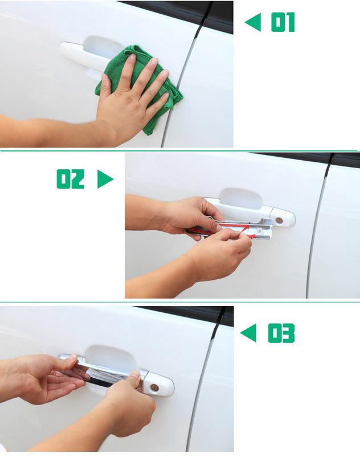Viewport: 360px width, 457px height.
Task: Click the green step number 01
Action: tap(283, 22)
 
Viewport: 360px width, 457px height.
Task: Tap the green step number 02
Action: tap(71, 179)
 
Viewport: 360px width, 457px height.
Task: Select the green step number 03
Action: tap(281, 333)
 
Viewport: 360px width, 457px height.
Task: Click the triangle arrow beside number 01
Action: tap(253, 22)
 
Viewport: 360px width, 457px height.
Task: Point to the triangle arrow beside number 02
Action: tap(105, 179)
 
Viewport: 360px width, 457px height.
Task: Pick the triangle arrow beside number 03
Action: tap(249, 333)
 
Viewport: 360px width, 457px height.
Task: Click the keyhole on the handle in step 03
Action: tap(154, 387)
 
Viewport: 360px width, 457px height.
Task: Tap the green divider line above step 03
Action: tap(180, 302)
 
